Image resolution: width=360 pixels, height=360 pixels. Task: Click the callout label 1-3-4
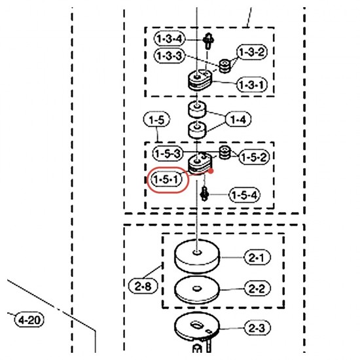(x=170, y=39)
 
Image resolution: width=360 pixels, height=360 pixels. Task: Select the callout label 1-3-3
(x=170, y=56)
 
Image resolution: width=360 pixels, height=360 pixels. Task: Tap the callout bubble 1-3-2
(x=252, y=52)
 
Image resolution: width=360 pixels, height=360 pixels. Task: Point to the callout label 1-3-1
(x=252, y=84)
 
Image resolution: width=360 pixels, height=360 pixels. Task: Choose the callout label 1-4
(x=238, y=119)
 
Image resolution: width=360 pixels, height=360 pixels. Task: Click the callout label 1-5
(x=156, y=120)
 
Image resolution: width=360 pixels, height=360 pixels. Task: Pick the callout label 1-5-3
(x=168, y=153)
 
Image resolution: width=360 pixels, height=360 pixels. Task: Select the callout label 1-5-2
(x=254, y=157)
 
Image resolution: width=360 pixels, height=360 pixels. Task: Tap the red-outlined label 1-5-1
(x=167, y=179)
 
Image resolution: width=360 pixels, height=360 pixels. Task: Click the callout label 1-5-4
(x=245, y=195)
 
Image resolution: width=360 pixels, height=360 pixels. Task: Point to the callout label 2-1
(x=257, y=257)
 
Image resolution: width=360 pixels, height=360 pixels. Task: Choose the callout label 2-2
(x=257, y=288)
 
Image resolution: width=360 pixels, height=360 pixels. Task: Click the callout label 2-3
(x=257, y=328)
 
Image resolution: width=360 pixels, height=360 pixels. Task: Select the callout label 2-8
(x=143, y=286)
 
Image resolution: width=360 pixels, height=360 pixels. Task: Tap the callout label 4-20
(x=29, y=319)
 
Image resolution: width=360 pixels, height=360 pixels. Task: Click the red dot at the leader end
(x=211, y=171)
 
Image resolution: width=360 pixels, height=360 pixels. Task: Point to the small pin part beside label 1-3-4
(x=208, y=41)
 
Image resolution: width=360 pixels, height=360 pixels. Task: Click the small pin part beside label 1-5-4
(x=204, y=194)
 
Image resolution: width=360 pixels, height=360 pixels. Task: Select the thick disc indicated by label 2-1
(x=197, y=256)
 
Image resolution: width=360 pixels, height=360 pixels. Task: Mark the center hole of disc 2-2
(x=196, y=288)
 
